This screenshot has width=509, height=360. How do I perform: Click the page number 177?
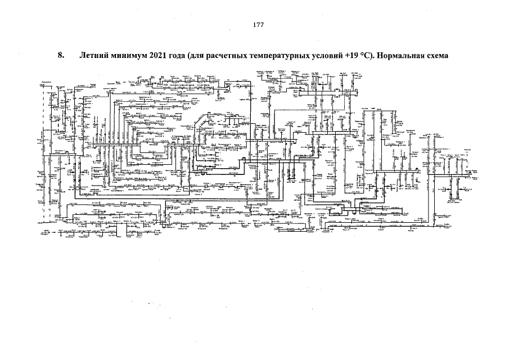pyautogui.click(x=259, y=25)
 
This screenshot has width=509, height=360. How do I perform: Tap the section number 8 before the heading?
pyautogui.click(x=60, y=56)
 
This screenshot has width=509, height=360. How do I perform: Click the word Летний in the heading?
pyautogui.click(x=94, y=56)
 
